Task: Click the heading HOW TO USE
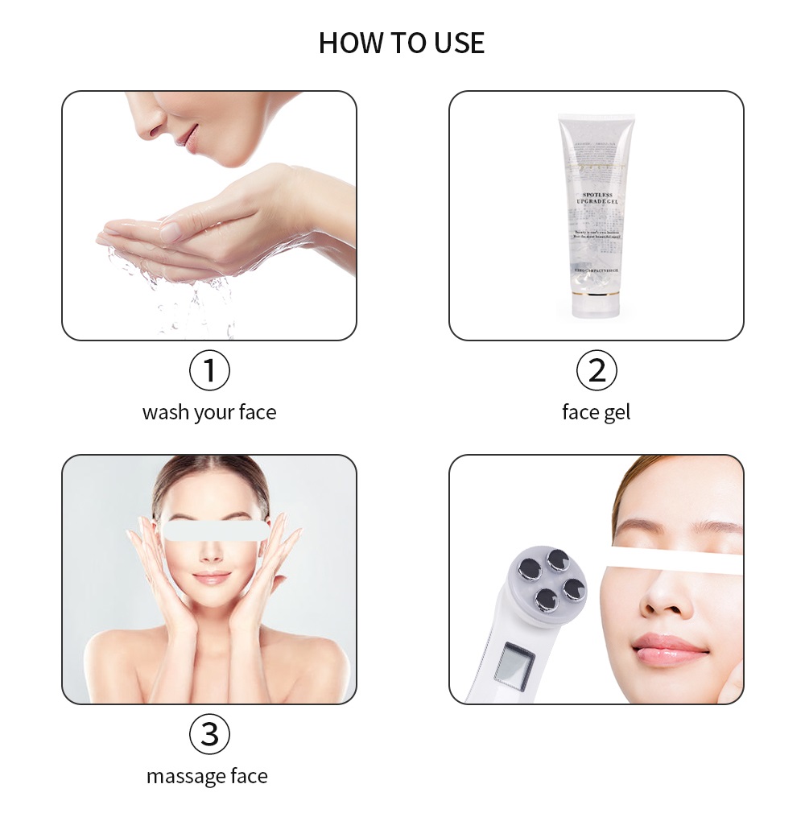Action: pos(402,43)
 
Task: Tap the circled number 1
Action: pos(209,371)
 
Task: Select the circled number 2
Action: pos(597,371)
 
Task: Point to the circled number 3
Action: pos(209,734)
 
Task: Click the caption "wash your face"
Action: pos(209,413)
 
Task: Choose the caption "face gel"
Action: pos(597,413)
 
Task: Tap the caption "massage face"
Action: pos(207,777)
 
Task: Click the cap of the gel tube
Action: pos(596,303)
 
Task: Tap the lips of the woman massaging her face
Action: pos(212,577)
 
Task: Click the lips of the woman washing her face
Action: pos(187,137)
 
